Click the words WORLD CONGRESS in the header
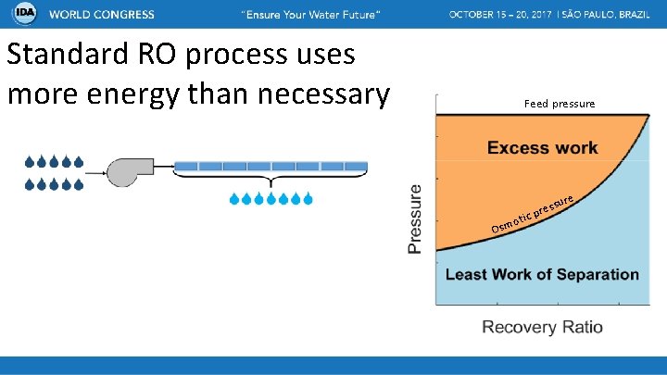point(102,16)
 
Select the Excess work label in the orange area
point(542,147)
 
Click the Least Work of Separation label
point(542,274)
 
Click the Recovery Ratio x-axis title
point(542,327)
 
